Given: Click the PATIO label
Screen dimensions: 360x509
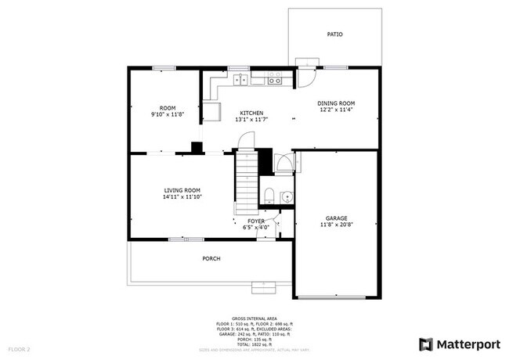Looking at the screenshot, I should click(x=334, y=34).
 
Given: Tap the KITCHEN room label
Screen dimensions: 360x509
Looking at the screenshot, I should click(x=251, y=113).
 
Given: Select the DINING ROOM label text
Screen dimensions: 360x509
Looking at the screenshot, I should click(x=336, y=103).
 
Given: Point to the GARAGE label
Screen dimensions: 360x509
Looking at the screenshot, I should click(x=336, y=218).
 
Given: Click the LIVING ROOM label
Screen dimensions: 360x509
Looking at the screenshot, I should click(x=182, y=190).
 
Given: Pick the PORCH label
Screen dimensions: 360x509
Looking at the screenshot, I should click(x=211, y=258).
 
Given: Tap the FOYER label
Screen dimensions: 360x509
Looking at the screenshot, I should click(x=256, y=221).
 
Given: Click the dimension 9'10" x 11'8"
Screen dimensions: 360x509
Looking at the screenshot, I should click(x=167, y=114).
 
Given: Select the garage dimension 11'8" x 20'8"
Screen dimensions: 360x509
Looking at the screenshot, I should click(x=336, y=225).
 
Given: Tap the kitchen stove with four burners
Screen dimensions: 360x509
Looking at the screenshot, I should click(x=274, y=78).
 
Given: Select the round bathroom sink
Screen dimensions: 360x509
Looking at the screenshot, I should click(x=287, y=196).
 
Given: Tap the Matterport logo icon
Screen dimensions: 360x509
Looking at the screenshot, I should click(x=426, y=344).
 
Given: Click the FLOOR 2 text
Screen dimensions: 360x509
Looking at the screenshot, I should click(x=19, y=348).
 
